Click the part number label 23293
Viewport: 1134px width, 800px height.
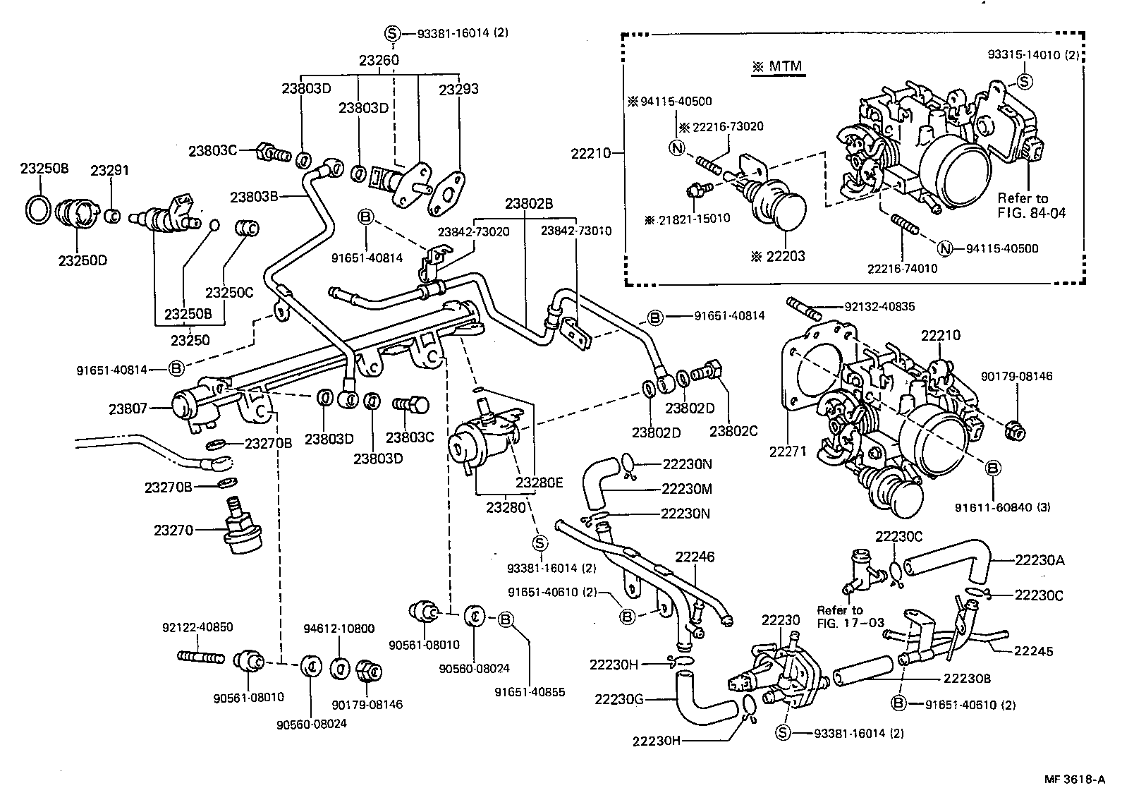[x=458, y=90]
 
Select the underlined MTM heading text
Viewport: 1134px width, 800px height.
[x=776, y=67]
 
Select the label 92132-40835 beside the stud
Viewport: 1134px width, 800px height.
[x=879, y=307]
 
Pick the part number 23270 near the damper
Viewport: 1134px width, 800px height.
[x=173, y=528]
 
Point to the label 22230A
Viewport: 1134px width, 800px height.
[x=1039, y=561]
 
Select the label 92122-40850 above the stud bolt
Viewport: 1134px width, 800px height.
[x=197, y=627]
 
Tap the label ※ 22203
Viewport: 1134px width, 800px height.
[x=778, y=257]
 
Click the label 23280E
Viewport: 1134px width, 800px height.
[x=539, y=483]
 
